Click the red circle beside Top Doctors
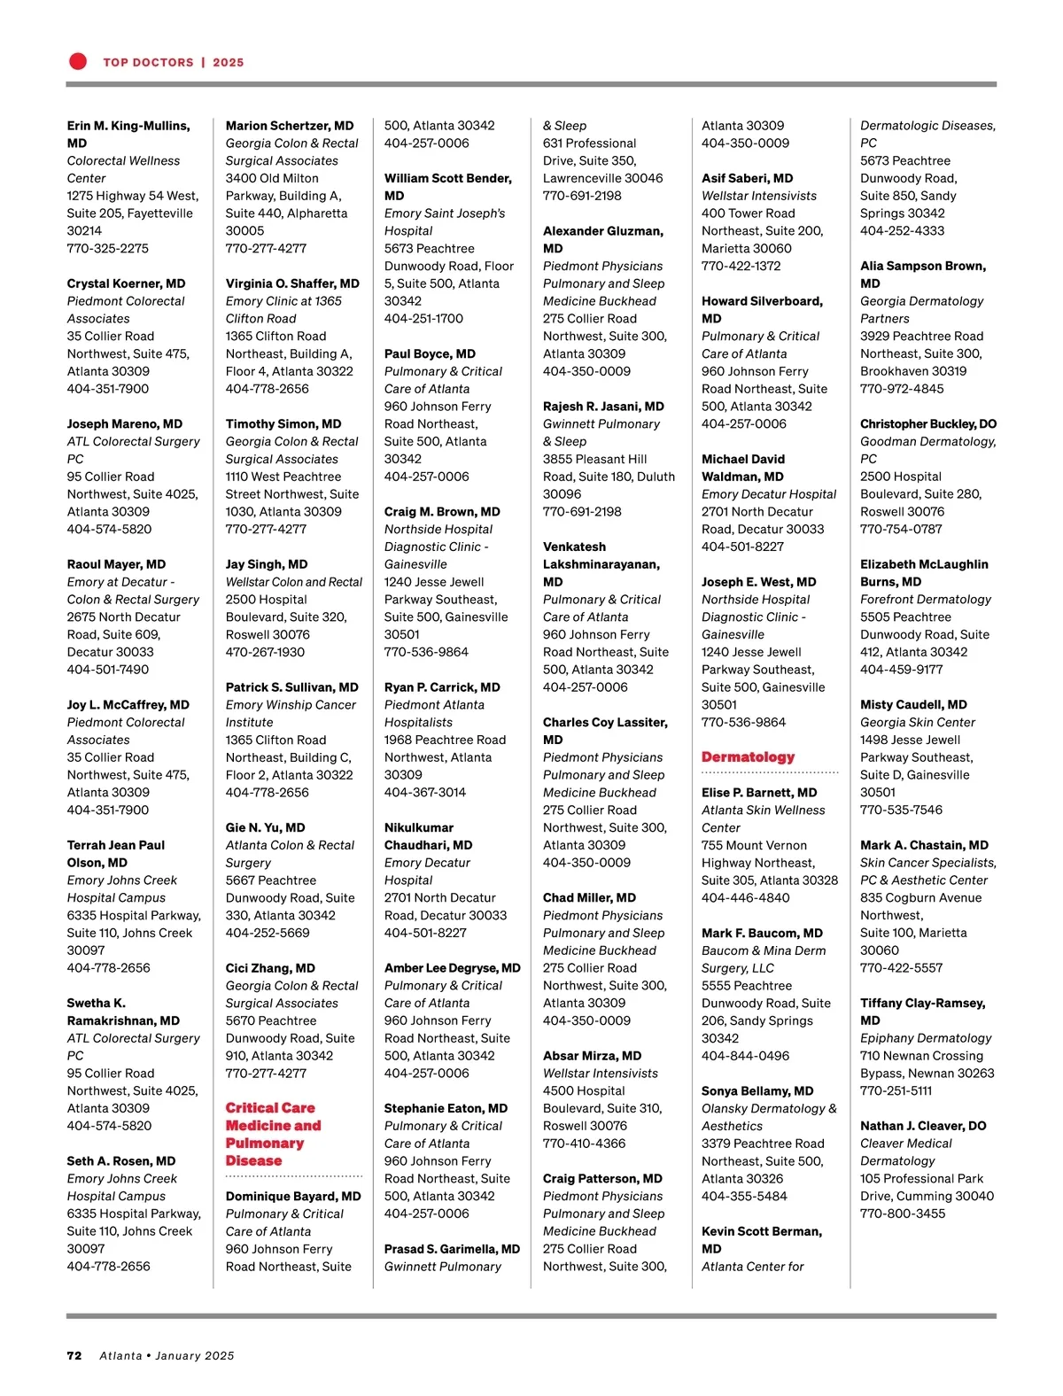(x=78, y=61)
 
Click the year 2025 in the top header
(x=228, y=62)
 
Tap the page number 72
(x=74, y=1355)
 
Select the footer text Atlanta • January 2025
(x=167, y=1355)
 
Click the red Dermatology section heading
(x=748, y=757)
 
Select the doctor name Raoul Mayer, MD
(x=116, y=564)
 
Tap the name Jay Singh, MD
(x=267, y=564)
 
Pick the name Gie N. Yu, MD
(x=265, y=827)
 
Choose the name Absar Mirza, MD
(x=592, y=1056)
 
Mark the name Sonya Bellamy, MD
(x=757, y=1090)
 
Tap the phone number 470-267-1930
(x=265, y=652)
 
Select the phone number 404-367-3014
(x=424, y=793)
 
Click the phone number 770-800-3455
(x=903, y=1214)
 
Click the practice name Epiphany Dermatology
(x=926, y=1038)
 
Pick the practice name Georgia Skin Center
(x=918, y=722)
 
